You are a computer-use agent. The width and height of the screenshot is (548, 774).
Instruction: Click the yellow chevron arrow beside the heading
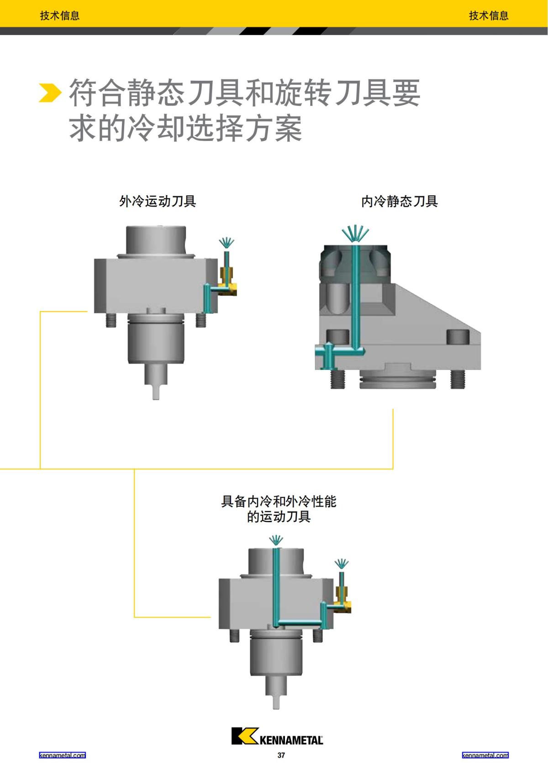(x=49, y=93)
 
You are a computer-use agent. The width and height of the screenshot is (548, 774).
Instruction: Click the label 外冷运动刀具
(x=158, y=201)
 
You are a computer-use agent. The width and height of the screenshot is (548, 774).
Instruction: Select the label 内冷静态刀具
(x=399, y=201)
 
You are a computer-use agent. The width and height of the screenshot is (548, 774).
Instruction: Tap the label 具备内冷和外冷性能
(x=279, y=502)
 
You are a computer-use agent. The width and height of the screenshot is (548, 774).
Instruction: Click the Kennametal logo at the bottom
(x=277, y=736)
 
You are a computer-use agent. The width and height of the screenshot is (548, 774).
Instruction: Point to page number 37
(x=281, y=755)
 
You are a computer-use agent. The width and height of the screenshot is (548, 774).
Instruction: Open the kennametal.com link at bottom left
(x=62, y=755)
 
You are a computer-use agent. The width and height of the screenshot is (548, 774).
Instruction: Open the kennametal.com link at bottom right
(x=485, y=755)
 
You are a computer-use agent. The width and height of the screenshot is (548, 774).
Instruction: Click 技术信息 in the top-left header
(x=60, y=16)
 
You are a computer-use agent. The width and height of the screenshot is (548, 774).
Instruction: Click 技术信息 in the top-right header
(x=489, y=16)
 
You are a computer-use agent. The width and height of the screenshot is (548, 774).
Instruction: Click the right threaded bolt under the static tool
(x=458, y=379)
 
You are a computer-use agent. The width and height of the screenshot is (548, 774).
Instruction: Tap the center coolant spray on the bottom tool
(x=276, y=541)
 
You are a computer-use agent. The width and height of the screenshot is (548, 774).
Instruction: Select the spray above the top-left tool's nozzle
(x=227, y=243)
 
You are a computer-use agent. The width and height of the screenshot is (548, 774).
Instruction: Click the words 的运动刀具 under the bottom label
(x=279, y=517)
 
